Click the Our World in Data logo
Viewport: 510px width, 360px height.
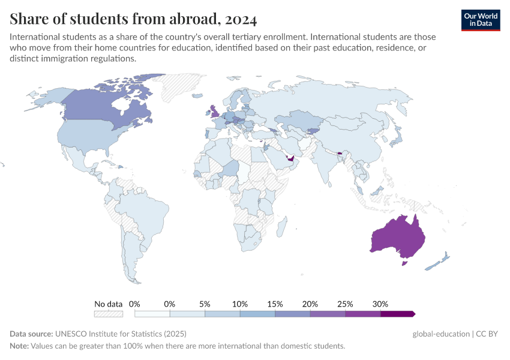[480, 20]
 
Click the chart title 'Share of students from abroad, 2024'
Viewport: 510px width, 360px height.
[133, 19]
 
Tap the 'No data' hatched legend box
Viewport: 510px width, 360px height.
[109, 313]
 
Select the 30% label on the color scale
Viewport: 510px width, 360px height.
[380, 304]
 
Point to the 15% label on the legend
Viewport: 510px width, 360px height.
[275, 304]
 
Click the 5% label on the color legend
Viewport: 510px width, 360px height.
[205, 304]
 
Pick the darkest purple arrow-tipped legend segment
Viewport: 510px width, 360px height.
[397, 313]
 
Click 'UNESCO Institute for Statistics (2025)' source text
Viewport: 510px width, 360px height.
[120, 334]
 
